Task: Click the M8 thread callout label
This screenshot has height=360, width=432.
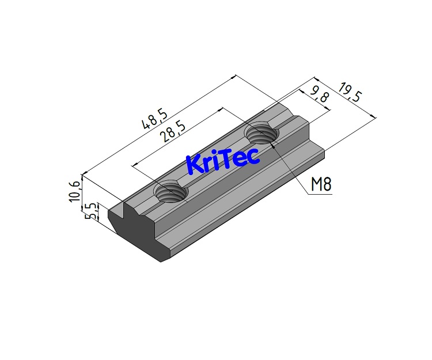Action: click(x=320, y=184)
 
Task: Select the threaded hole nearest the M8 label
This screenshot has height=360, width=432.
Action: click(x=262, y=134)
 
